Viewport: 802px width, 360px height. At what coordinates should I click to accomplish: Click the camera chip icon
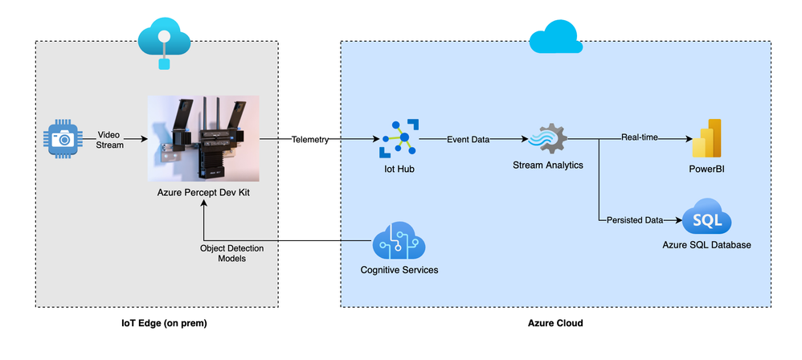tap(63, 138)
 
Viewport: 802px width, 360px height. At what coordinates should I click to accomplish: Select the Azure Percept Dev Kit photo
tap(203, 138)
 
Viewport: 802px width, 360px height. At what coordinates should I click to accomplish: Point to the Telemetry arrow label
tap(310, 139)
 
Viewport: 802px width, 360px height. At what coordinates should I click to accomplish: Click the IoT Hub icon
tap(399, 138)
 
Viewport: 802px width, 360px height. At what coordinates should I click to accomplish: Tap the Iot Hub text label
tap(399, 169)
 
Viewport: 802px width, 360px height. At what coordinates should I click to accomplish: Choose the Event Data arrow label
tap(468, 139)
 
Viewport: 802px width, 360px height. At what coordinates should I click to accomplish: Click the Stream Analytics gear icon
tap(548, 138)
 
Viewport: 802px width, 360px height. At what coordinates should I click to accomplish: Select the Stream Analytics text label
tap(548, 165)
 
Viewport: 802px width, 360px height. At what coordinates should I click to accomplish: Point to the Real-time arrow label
tap(640, 138)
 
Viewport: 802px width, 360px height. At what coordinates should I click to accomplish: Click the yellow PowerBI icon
tap(707, 138)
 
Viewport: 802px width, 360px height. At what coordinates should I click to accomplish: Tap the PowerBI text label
tap(707, 168)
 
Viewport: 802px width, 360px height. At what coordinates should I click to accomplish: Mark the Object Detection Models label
tap(231, 254)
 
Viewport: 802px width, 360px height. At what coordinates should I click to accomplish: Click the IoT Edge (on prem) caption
tap(157, 323)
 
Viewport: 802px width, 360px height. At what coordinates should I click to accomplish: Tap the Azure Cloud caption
tap(555, 323)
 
